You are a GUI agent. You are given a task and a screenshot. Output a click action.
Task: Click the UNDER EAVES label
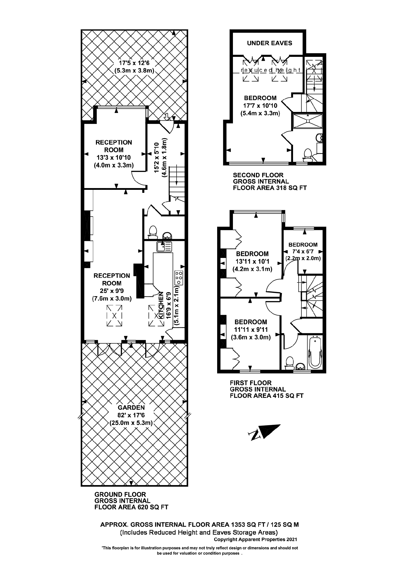[x=269, y=43]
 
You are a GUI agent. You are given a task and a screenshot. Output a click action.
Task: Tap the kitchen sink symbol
[x=164, y=247]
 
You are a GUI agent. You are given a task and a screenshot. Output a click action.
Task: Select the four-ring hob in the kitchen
[x=179, y=278]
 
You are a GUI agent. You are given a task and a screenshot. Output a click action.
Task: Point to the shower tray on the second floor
[x=307, y=121]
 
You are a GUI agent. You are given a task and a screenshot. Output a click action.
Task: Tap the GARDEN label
[x=131, y=408]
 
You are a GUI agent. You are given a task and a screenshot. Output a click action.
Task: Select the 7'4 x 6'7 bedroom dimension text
[x=303, y=252]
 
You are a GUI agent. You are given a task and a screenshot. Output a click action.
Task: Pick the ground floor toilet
[x=153, y=232]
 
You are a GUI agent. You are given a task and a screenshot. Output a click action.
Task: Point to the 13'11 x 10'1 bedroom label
[x=252, y=261]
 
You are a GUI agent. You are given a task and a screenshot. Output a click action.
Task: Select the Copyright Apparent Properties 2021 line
[x=255, y=539]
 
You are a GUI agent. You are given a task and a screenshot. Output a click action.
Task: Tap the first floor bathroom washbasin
[x=300, y=367]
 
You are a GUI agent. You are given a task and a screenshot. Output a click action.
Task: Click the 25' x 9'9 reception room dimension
[x=112, y=291]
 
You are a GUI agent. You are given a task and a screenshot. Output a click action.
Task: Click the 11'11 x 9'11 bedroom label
[x=251, y=330]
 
